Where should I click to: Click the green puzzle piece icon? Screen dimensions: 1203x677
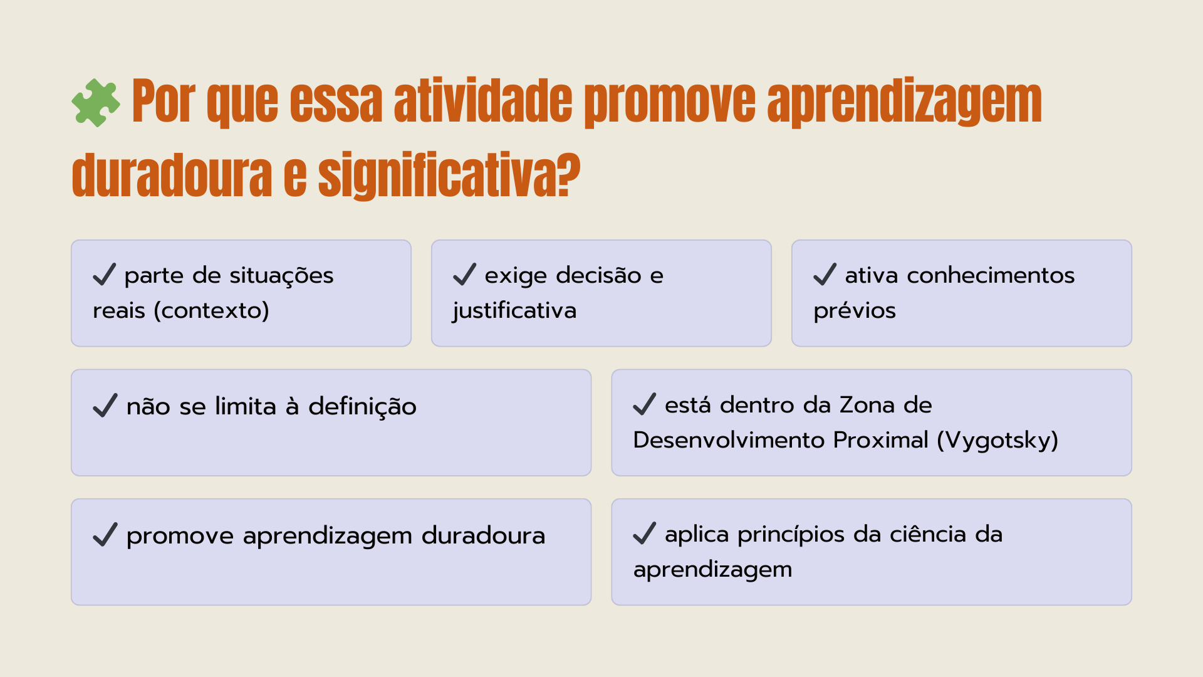[95, 103]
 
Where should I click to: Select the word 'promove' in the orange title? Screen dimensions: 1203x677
[670, 103]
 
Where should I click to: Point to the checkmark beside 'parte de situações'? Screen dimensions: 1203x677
[105, 275]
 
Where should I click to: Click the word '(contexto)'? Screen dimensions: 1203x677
[212, 310]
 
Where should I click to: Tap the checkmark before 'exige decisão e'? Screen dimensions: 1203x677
[465, 275]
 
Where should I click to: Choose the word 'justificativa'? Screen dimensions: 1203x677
[514, 311]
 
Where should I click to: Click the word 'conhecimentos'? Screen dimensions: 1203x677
[991, 275]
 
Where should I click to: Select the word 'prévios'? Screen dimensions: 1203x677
[855, 311]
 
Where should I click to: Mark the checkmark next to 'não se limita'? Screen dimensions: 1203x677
[105, 406]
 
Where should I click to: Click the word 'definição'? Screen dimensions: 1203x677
[362, 407]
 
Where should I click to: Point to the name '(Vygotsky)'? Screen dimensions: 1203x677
[997, 440]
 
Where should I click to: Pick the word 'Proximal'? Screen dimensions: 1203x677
[881, 440]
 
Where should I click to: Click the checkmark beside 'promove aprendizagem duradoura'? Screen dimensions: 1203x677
[105, 535]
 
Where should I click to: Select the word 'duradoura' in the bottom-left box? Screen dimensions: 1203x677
[483, 536]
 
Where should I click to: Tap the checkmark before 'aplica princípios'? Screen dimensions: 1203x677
[645, 533]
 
